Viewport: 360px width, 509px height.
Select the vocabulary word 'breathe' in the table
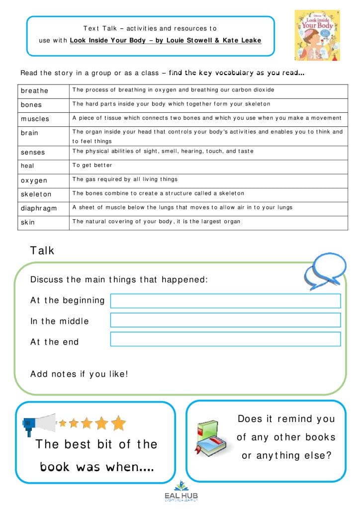34,91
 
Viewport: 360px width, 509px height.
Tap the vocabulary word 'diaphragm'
39,209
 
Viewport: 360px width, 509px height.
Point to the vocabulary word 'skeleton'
36,194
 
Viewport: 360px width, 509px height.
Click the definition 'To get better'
92,166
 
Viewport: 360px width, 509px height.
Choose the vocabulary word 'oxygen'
34,180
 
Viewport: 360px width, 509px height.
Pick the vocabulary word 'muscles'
35,119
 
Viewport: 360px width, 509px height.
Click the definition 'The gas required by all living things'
125,179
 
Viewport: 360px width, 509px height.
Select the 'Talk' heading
42,251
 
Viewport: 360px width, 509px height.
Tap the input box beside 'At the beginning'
225,301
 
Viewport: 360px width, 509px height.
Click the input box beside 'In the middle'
225,320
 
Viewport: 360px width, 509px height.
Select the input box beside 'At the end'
225,339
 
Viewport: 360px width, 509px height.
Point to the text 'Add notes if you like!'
79,374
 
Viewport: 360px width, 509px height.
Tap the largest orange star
118,423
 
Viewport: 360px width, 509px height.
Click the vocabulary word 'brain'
29,133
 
